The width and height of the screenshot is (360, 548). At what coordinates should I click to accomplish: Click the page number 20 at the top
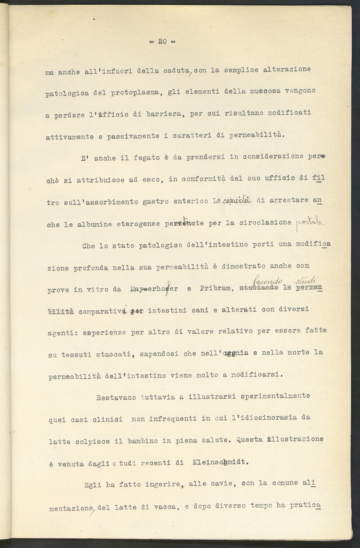pos(162,42)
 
